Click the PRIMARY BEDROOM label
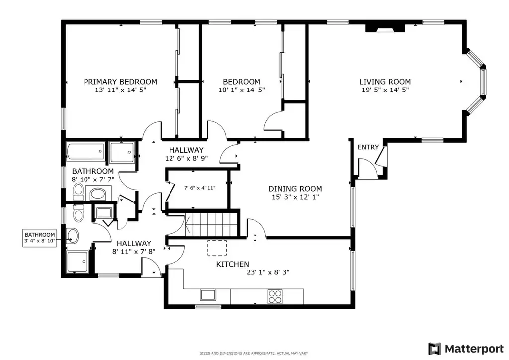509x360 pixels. (120, 82)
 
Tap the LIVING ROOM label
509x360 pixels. (385, 82)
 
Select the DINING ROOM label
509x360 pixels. (295, 189)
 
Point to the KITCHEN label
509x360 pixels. (233, 264)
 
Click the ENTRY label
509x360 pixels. (368, 147)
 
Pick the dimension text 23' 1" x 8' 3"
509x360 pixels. (268, 272)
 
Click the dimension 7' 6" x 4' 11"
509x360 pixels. (200, 188)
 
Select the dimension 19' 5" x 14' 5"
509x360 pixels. (385, 90)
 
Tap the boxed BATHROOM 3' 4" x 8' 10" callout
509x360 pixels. (40, 238)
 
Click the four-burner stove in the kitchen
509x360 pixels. (275, 297)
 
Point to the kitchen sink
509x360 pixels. (207, 295)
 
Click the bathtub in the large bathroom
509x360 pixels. (85, 151)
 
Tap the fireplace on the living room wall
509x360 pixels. (385, 28)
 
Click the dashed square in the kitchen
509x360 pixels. (217, 248)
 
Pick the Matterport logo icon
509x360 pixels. (435, 349)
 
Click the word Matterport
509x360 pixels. (474, 349)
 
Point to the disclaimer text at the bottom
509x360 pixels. (254, 353)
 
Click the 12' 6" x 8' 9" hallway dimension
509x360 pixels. (186, 159)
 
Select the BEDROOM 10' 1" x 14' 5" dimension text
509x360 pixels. (242, 90)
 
